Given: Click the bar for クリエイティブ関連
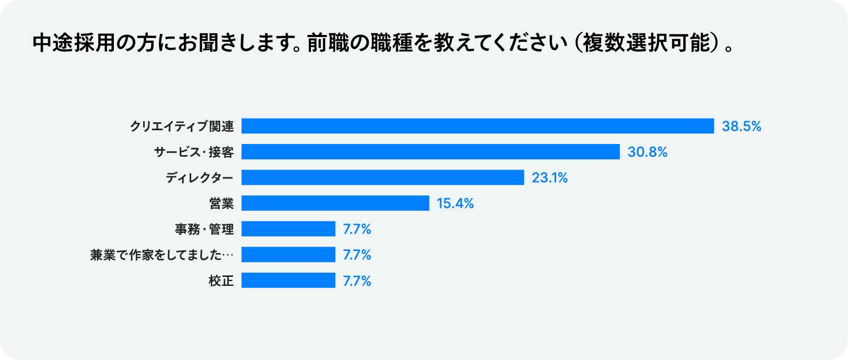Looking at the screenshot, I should [478, 126].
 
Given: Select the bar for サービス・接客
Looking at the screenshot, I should [431, 152].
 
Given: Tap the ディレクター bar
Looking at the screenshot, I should [382, 177].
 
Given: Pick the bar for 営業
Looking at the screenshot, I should [335, 203].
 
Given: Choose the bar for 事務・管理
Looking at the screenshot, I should [288, 229].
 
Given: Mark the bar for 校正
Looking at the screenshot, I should [288, 281].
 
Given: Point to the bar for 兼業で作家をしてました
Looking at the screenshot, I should [288, 255].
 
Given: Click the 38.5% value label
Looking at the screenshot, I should [741, 126].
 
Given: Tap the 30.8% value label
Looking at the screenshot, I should [647, 152].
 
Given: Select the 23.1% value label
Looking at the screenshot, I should [549, 177].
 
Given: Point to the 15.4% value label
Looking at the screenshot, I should [455, 203].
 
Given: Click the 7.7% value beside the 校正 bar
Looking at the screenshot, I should [357, 281].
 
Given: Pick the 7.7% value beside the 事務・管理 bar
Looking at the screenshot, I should [357, 229].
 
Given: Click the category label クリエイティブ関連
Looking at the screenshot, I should [182, 126].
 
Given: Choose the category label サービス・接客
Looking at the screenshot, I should [194, 152].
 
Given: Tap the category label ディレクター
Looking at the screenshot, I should [200, 177].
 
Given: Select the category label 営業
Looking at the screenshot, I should [221, 203].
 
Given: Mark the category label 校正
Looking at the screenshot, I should [221, 281].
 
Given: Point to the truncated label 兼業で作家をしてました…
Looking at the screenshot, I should [162, 255].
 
